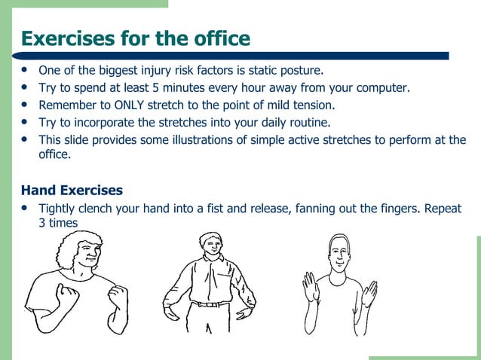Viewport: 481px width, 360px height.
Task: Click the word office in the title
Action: tap(217, 38)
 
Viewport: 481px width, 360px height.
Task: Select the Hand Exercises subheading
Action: tap(72, 190)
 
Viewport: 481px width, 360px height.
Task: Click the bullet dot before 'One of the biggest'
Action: tap(26, 70)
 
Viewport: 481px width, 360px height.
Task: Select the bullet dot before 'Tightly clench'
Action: tap(26, 208)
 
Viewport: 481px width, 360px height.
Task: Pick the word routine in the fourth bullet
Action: tap(309, 122)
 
